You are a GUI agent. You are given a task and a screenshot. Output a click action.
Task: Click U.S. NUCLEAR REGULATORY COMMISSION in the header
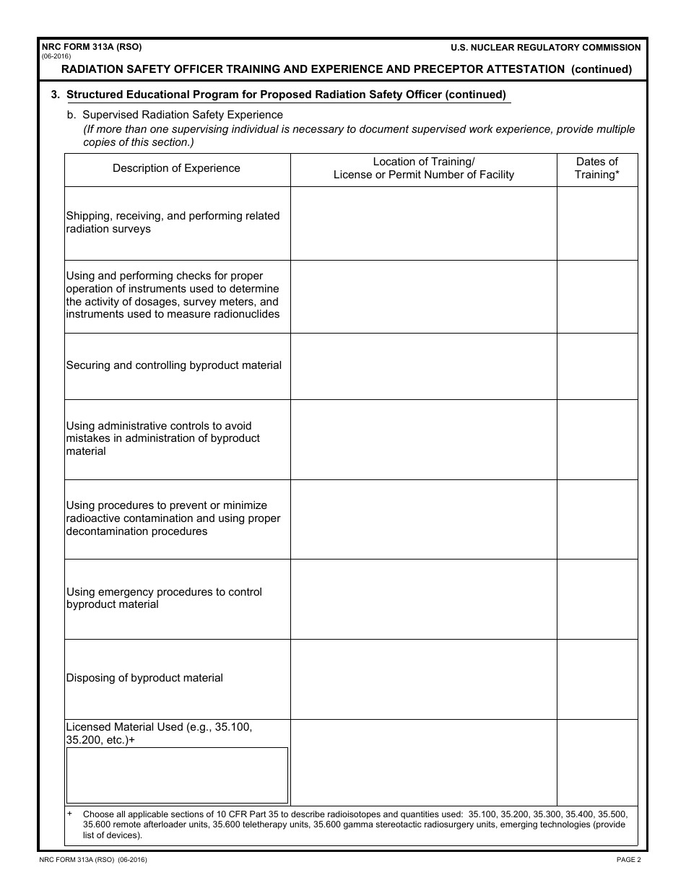(x=545, y=48)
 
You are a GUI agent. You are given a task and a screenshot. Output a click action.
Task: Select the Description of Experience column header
(x=176, y=168)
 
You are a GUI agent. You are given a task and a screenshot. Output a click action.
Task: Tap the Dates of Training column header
(x=596, y=168)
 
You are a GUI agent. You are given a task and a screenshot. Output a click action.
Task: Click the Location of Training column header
(x=423, y=168)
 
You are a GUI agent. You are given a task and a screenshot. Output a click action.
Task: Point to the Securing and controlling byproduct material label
(x=174, y=365)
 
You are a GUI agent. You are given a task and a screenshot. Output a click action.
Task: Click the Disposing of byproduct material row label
(x=144, y=678)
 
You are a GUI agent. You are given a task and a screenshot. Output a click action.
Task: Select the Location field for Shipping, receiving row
(x=423, y=223)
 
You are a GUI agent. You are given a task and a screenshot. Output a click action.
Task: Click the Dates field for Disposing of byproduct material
(x=596, y=679)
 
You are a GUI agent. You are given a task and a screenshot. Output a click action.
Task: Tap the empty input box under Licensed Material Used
(x=177, y=775)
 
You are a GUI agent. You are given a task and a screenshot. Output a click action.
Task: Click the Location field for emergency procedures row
(x=423, y=598)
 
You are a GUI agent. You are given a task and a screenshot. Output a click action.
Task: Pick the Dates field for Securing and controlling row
(x=596, y=366)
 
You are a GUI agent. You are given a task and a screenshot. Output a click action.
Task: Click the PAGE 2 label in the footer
(x=628, y=859)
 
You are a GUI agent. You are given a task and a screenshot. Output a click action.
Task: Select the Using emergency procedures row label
(x=164, y=598)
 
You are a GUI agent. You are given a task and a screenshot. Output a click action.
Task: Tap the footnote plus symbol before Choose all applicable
(x=70, y=814)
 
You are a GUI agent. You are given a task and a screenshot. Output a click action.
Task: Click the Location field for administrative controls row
(x=423, y=439)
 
